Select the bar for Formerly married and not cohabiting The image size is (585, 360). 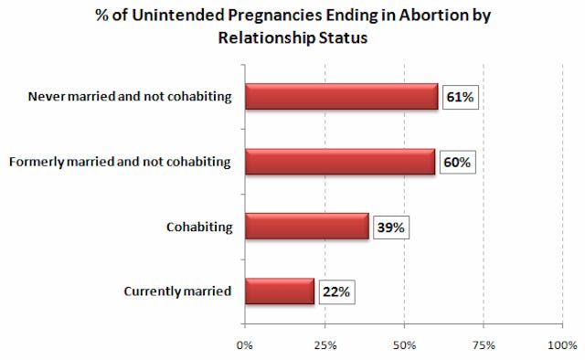tap(340, 162)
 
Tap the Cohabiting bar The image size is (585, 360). tap(306, 227)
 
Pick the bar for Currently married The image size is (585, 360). tap(280, 291)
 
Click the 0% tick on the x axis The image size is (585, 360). tap(245, 345)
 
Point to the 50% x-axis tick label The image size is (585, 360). tap(404, 345)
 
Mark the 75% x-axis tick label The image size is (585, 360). tap(484, 345)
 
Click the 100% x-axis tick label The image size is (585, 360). tap(562, 345)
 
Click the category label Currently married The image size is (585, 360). tap(176, 291)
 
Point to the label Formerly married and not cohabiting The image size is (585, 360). tap(120, 162)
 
